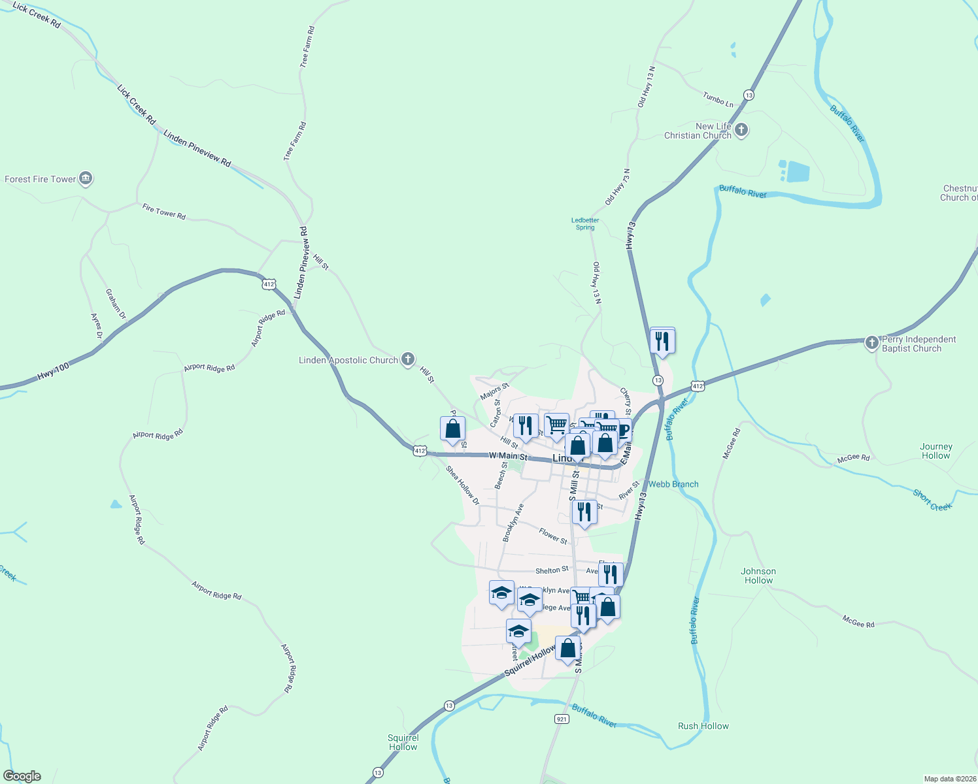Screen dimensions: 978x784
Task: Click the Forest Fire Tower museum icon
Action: (x=86, y=178)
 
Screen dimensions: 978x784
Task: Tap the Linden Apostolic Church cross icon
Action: (x=408, y=359)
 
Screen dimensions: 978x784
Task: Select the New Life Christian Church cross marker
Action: (x=741, y=130)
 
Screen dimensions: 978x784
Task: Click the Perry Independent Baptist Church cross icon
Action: (x=871, y=343)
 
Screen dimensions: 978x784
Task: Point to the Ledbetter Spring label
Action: (x=585, y=224)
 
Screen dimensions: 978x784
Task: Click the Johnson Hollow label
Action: (x=758, y=576)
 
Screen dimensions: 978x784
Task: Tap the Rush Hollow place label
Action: (x=703, y=726)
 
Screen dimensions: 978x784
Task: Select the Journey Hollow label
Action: (x=936, y=451)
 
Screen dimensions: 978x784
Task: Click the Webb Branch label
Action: (x=673, y=484)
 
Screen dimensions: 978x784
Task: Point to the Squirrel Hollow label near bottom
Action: (x=403, y=742)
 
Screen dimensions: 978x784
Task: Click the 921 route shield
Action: (x=562, y=719)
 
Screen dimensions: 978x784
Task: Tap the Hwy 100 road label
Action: (x=54, y=371)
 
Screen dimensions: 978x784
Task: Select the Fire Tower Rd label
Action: (x=164, y=211)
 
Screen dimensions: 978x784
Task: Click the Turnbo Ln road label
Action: (x=718, y=99)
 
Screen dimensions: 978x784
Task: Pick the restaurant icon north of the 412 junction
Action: (x=662, y=341)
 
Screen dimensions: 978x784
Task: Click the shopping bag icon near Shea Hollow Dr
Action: (x=452, y=429)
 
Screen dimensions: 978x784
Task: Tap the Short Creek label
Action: (x=932, y=500)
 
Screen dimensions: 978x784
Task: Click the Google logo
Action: (x=22, y=776)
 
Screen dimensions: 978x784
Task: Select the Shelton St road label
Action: (x=552, y=570)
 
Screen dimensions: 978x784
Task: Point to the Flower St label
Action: (x=553, y=536)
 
